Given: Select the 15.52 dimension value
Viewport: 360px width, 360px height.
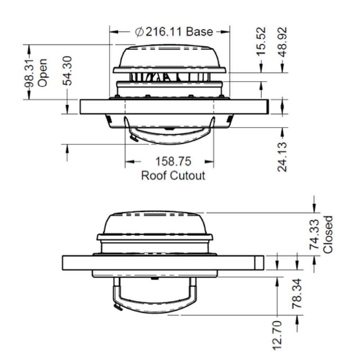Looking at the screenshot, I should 261,41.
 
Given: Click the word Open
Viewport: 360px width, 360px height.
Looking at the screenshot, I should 42,73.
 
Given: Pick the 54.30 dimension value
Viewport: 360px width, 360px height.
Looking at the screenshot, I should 67,71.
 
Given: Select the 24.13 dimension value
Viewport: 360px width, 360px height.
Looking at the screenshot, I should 283,157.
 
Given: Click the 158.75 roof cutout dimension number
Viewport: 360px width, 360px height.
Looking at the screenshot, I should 173,162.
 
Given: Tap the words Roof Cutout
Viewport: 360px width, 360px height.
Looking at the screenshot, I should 173,176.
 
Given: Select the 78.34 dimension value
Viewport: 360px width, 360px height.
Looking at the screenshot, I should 297,293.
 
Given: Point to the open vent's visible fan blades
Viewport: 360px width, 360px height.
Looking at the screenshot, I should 169,77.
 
